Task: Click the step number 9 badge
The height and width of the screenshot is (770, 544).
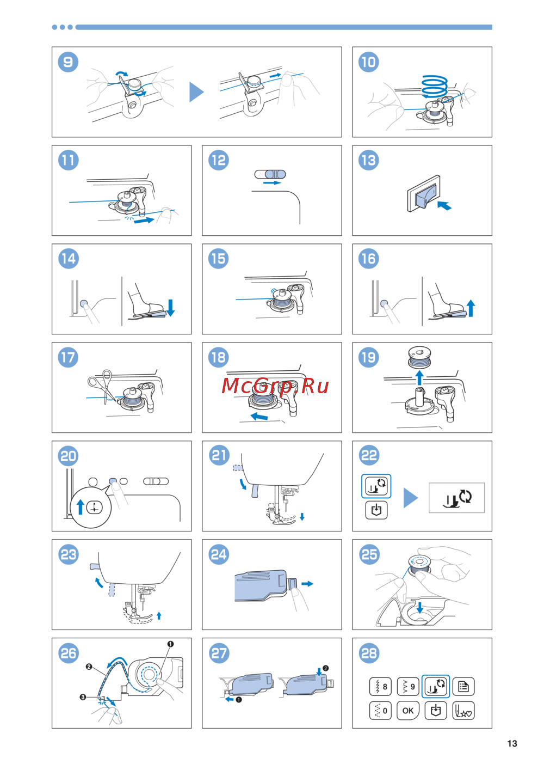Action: [68, 62]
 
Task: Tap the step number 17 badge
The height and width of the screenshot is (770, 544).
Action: [68, 357]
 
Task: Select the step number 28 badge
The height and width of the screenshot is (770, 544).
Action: [369, 653]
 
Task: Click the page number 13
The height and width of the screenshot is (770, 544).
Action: [512, 743]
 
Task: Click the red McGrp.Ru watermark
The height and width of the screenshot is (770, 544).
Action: [275, 386]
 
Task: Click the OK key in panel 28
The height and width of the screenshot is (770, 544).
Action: [408, 711]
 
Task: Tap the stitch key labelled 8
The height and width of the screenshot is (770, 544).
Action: [380, 687]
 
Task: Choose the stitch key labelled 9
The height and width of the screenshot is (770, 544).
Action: [408, 687]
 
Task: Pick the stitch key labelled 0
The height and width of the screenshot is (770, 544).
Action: [380, 711]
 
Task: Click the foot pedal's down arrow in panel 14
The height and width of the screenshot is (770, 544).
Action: [170, 308]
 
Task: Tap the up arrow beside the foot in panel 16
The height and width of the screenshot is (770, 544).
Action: [471, 308]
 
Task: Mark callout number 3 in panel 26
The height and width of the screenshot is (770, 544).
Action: [83, 697]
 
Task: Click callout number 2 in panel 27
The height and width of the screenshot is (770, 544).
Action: [325, 668]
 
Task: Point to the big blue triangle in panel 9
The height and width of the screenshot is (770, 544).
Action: [196, 92]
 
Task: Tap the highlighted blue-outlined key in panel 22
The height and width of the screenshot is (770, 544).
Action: [376, 486]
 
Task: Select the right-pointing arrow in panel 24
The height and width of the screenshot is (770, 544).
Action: [307, 583]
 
